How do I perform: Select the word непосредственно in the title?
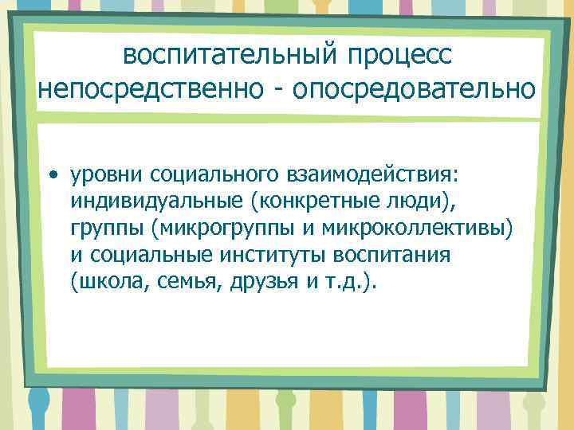151,88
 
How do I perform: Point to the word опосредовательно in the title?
415,88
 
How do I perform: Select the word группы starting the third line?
104,229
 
